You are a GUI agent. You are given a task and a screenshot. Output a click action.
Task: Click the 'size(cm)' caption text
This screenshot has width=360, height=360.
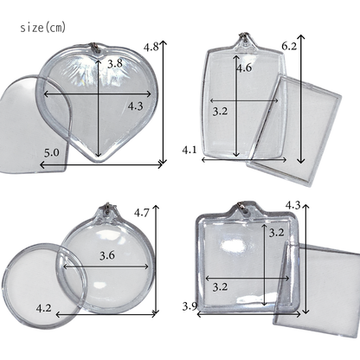pyautogui.click(x=43, y=28)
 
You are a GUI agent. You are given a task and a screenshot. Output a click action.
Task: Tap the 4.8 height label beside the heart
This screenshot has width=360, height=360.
pyautogui.click(x=151, y=47)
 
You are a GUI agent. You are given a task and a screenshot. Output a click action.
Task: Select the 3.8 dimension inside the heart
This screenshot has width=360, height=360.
pyautogui.click(x=115, y=63)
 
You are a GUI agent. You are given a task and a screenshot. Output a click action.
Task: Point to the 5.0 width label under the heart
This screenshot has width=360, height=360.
pyautogui.click(x=52, y=152)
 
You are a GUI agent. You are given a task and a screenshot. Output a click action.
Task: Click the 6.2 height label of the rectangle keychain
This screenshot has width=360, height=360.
pyautogui.click(x=289, y=46)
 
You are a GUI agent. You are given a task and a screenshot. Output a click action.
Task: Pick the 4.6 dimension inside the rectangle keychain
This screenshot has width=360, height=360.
pyautogui.click(x=244, y=68)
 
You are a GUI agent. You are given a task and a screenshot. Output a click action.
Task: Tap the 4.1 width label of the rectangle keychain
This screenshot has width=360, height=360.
pyautogui.click(x=190, y=150)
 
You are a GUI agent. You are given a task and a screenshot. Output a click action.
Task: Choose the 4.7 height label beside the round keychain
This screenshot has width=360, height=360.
pyautogui.click(x=142, y=213)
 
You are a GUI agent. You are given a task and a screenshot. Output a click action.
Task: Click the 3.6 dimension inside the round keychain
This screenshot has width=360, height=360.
pyautogui.click(x=107, y=255)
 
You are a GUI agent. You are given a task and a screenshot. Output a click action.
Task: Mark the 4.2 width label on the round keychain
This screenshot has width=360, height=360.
pyautogui.click(x=44, y=308)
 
